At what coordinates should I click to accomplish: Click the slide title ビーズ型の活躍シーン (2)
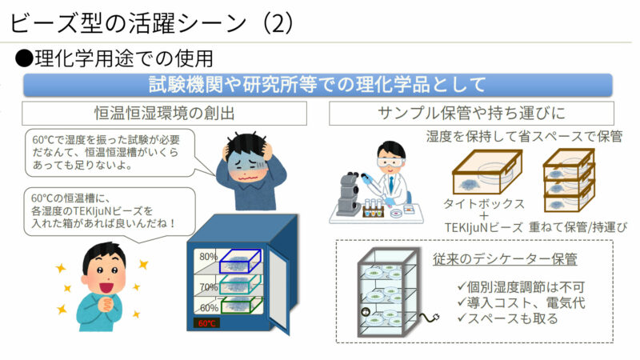click(152, 22)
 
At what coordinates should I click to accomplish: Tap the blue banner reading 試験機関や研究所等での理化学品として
click(318, 84)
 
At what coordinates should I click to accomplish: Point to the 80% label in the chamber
click(209, 257)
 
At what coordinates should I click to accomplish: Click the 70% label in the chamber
click(209, 286)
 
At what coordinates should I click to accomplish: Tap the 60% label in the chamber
click(209, 307)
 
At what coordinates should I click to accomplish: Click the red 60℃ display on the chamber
click(207, 324)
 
